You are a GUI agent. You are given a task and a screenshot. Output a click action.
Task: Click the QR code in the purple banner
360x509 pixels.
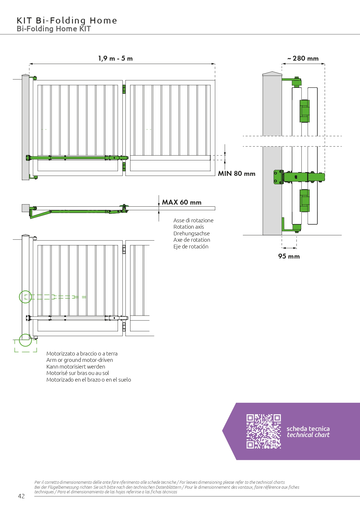[264, 431]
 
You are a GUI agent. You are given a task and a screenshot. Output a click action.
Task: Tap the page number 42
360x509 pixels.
[21, 496]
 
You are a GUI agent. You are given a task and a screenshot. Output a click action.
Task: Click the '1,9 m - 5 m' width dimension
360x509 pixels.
[115, 58]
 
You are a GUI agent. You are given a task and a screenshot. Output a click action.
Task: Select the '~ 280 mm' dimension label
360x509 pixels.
[303, 58]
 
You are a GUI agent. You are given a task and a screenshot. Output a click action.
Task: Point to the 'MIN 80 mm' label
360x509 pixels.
[237, 174]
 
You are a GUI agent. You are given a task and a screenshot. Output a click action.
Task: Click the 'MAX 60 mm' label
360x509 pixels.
[182, 202]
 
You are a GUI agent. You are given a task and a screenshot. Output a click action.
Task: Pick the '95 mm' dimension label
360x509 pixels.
[289, 256]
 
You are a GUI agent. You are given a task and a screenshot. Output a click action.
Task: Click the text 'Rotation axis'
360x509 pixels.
[189, 227]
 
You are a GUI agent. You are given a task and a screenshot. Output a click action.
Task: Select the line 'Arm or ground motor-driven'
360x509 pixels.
[80, 360]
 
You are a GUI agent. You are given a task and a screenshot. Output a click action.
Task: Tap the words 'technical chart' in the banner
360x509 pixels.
[308, 435]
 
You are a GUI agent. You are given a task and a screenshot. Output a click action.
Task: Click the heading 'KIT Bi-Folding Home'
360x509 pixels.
[67, 21]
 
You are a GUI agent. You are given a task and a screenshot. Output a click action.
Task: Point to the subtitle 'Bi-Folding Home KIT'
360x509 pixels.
[54, 29]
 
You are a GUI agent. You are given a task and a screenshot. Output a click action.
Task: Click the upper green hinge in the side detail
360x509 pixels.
[305, 111]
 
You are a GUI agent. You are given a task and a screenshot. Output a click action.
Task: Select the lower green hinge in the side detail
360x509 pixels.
[305, 201]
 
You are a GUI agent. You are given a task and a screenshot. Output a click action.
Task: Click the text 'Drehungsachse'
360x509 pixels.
[191, 234]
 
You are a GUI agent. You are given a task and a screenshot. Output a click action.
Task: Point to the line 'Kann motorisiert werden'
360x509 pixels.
[76, 367]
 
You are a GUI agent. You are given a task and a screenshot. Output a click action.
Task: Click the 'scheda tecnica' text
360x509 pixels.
[308, 429]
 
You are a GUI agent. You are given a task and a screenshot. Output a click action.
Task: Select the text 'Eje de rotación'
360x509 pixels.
[191, 247]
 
